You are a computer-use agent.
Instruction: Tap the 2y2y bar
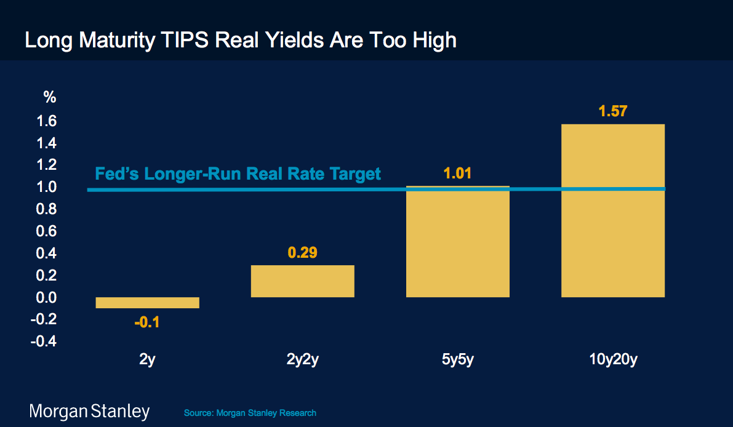click(x=302, y=281)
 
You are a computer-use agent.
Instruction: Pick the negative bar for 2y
click(x=148, y=302)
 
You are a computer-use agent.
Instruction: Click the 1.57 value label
click(x=613, y=111)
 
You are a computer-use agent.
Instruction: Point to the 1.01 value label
click(x=457, y=173)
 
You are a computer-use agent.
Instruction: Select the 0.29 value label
click(x=302, y=252)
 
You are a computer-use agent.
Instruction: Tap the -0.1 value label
click(x=147, y=322)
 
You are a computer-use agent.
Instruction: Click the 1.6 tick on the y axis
click(x=48, y=121)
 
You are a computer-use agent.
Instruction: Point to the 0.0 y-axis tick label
click(x=48, y=297)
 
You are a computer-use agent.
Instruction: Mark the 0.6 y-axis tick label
click(x=48, y=231)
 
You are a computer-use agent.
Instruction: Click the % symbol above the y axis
click(x=49, y=97)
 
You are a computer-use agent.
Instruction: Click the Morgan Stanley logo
click(x=90, y=411)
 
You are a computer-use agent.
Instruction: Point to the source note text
click(x=250, y=412)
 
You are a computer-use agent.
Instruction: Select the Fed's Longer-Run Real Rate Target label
click(x=238, y=174)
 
